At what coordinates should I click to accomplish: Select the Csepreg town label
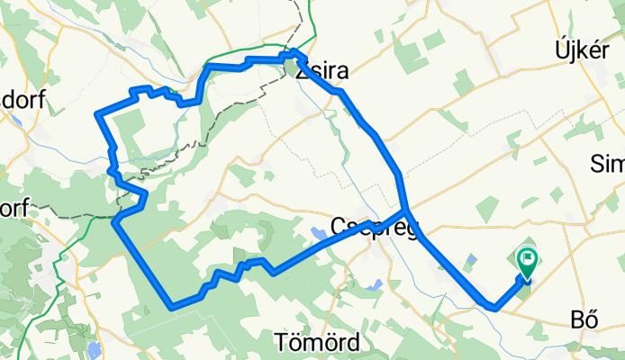375,227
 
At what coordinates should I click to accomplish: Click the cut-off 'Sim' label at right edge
607,164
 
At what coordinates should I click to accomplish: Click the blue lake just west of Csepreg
320,236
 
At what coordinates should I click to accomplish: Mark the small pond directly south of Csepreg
375,284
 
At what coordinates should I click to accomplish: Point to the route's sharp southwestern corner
171,307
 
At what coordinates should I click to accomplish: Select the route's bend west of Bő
494,309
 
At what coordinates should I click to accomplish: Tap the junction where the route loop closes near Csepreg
408,212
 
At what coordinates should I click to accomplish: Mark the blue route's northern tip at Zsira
296,51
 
